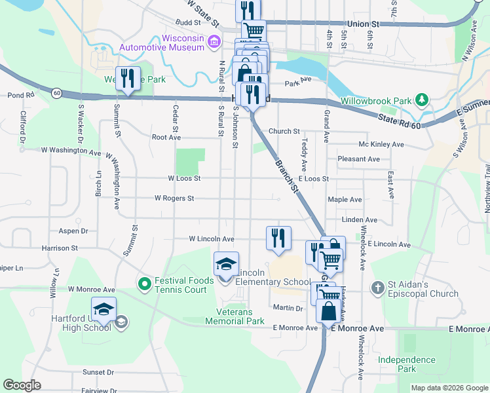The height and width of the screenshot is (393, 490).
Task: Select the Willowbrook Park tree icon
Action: pyautogui.click(x=423, y=101)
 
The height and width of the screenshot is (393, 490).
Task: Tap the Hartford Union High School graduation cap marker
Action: pyautogui.click(x=104, y=310)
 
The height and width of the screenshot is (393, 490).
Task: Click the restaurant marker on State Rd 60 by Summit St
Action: pyautogui.click(x=127, y=79)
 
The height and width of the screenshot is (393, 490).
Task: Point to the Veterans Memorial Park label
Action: pyautogui.click(x=235, y=316)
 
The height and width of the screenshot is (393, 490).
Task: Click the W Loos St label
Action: pyautogui.click(x=184, y=178)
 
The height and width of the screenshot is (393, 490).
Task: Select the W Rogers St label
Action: pyautogui.click(x=174, y=198)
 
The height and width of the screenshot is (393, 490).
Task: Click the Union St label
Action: pyautogui.click(x=364, y=24)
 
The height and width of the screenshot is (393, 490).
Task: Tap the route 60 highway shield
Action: pyautogui.click(x=58, y=92)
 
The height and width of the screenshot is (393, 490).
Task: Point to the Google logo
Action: pyautogui.click(x=22, y=385)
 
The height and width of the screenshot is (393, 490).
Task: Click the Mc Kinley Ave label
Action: pyautogui.click(x=381, y=144)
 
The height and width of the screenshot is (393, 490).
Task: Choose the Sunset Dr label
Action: pyautogui.click(x=98, y=372)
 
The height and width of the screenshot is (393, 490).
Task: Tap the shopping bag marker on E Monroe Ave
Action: pyautogui.click(x=328, y=311)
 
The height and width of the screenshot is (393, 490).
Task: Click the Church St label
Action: pyautogui.click(x=284, y=132)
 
